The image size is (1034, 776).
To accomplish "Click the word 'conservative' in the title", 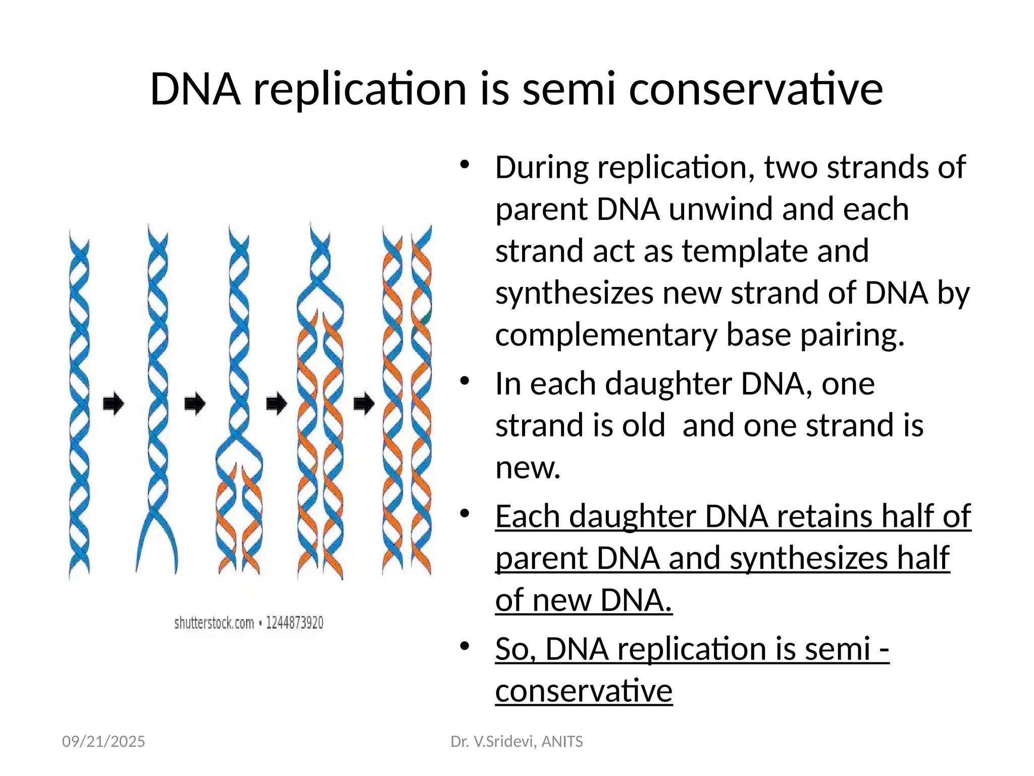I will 756,89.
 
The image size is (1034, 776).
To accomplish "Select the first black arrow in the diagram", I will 113,403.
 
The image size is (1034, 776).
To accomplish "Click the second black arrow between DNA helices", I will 195,403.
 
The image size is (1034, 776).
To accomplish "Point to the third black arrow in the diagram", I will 276,403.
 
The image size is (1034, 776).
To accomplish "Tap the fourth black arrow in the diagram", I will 364,403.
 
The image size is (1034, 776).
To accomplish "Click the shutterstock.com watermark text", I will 214,623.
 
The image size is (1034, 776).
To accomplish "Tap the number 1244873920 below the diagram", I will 294,623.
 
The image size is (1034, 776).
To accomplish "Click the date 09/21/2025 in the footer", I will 104,741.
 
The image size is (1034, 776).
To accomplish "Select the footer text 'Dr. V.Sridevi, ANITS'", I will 516,741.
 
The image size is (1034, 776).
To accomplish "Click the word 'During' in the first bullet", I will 541,168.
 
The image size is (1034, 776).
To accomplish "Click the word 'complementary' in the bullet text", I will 606,335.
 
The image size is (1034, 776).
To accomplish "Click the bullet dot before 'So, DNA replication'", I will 465,646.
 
